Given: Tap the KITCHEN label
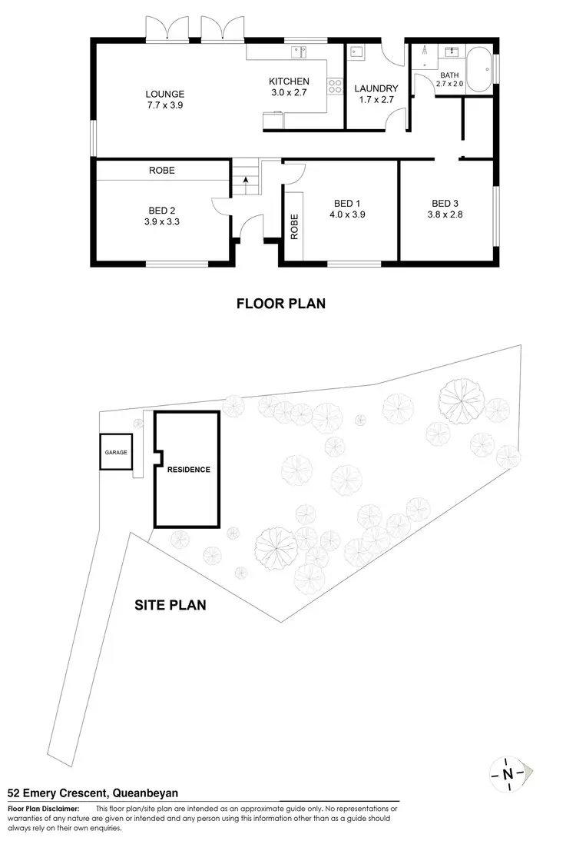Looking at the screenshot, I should coord(289,81).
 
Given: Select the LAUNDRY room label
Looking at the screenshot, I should coord(376,88).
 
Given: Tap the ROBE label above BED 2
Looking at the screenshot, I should coord(162,171).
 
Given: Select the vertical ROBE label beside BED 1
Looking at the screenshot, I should coord(294,227).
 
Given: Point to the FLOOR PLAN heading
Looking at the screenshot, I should coord(280,304).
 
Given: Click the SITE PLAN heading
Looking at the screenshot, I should coord(170,605).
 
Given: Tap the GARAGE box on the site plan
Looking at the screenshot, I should coord(115,453).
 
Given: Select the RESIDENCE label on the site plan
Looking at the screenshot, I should coord(188,469).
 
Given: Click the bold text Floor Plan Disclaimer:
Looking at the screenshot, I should coord(43,809).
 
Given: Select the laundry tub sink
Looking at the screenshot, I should coord(358,52).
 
